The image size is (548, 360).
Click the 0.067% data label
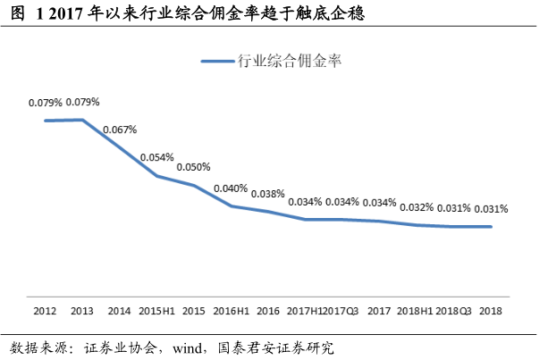pyautogui.click(x=119, y=130)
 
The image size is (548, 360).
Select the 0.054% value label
pyautogui.click(x=156, y=158)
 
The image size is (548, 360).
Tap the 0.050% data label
pyautogui.click(x=193, y=167)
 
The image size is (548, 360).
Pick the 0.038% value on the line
pyautogui.click(x=267, y=194)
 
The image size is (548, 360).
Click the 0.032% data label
pyautogui.click(x=417, y=207)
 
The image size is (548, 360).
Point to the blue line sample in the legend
pyautogui.click(x=216, y=62)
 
